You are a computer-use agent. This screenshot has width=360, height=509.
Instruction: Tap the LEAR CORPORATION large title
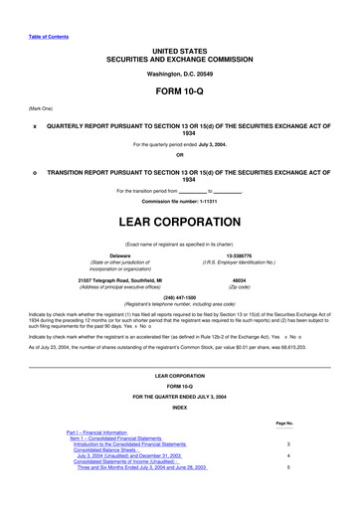point(179,206)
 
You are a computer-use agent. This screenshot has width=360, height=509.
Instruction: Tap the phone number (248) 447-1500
point(179,295)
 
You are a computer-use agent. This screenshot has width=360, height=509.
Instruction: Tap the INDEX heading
point(179,407)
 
